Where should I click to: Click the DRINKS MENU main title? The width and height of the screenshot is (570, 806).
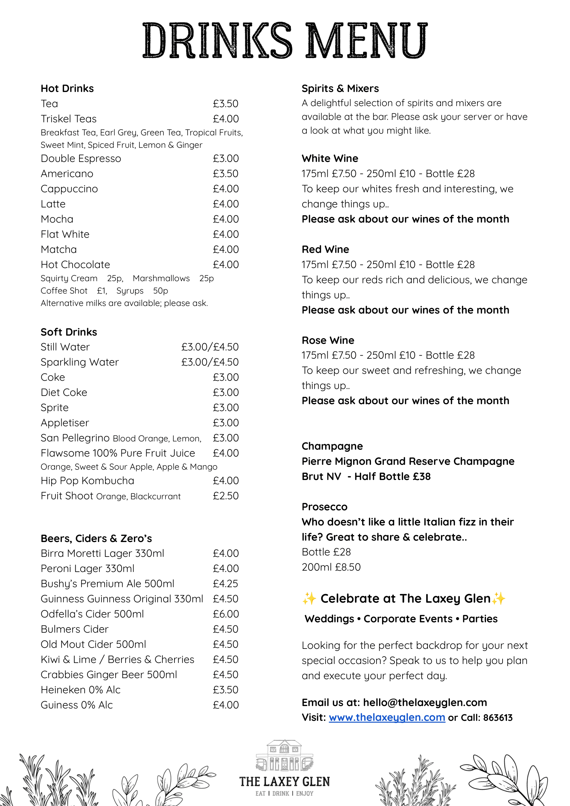285,40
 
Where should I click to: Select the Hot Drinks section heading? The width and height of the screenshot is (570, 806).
67,88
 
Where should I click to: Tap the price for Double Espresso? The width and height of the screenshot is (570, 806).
225,159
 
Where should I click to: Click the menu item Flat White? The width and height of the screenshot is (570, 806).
65,234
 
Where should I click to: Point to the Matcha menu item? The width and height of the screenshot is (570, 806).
59,249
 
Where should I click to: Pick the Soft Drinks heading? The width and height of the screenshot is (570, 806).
69,332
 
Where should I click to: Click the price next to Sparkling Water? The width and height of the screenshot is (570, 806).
210,362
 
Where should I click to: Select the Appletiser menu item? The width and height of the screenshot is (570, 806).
65,422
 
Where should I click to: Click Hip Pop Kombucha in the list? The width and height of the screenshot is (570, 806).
87,480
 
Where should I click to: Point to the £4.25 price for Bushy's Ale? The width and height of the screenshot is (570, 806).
225,583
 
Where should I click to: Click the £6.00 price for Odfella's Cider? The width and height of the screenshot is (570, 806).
225,613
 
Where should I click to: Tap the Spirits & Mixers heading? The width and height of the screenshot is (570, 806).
340,88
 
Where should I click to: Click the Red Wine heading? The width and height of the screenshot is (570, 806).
325,249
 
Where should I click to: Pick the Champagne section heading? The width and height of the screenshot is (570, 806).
332,446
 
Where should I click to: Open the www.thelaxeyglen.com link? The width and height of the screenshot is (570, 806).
387,717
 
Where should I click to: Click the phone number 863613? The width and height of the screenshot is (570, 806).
498,717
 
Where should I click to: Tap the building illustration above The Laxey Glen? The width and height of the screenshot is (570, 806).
284,755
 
